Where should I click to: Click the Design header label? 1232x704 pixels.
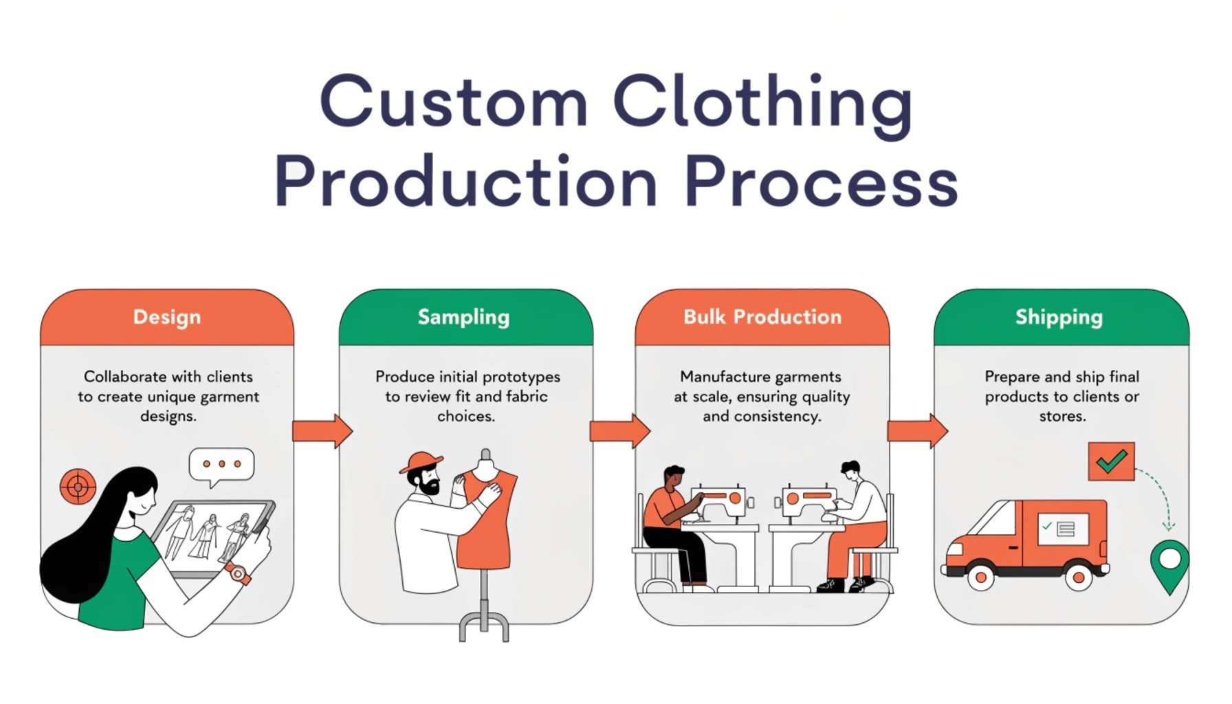coord(167,317)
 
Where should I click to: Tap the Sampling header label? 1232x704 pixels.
coord(464,317)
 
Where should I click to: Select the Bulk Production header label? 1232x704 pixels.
coord(762,317)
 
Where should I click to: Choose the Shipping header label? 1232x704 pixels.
coord(1059,317)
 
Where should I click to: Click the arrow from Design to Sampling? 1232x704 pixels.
coord(322,431)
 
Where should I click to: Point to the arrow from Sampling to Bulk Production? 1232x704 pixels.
coord(619,431)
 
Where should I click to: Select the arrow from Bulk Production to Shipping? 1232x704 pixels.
coord(917,431)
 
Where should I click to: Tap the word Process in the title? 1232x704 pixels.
coord(821,182)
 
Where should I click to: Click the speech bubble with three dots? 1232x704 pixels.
coord(221,465)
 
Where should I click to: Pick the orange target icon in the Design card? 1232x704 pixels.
coord(78,487)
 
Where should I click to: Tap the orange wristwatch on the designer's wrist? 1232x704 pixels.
coord(238,573)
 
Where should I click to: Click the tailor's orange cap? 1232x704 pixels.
coord(420,461)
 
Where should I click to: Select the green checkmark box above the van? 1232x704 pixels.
coord(1111,461)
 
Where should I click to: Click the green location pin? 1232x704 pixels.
coord(1169,564)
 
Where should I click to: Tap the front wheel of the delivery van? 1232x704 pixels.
coord(980,576)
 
